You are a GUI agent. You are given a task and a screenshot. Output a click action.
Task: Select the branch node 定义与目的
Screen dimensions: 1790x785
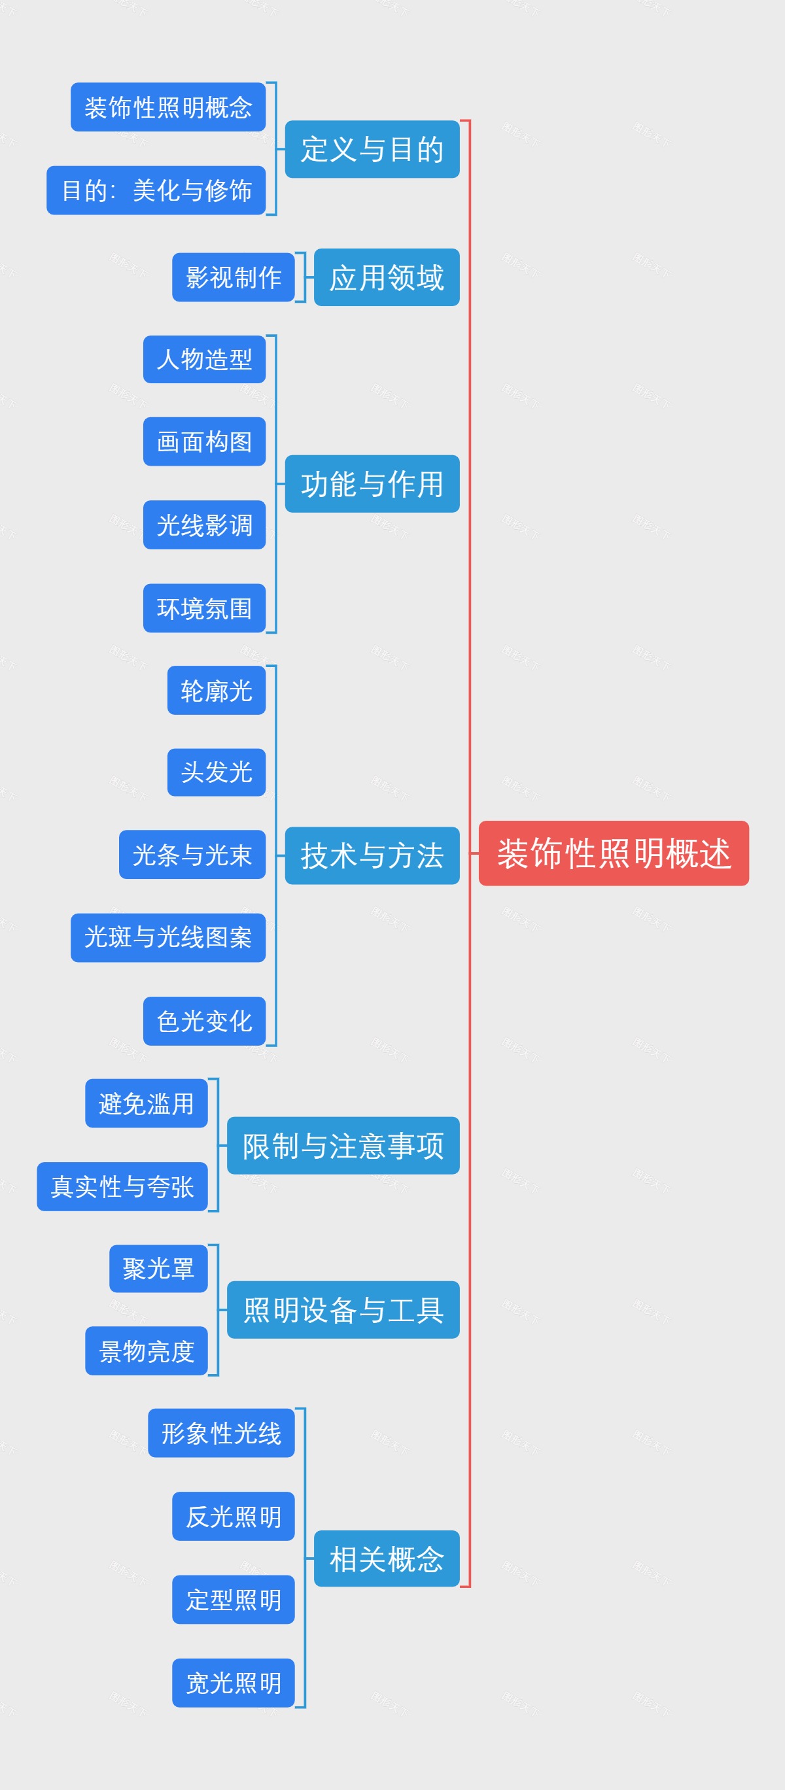372,149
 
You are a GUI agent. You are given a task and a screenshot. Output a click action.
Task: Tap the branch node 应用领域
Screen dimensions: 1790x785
387,277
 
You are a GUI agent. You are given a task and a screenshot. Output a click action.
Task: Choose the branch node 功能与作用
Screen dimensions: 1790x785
372,484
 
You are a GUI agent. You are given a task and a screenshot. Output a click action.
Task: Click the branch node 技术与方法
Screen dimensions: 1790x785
372,855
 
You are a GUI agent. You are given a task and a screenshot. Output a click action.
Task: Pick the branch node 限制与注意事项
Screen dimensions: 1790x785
343,1145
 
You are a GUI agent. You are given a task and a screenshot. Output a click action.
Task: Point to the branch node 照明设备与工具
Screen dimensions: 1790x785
343,1309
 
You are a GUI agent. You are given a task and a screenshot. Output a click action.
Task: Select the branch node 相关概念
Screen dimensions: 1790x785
387,1558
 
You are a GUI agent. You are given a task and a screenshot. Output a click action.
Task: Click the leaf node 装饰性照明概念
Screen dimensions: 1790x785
168,107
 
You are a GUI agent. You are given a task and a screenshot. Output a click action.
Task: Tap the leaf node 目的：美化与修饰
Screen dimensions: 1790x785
156,190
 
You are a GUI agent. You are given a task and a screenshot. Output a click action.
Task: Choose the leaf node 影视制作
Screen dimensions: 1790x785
234,277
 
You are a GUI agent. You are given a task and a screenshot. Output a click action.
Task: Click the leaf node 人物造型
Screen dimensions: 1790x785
204,359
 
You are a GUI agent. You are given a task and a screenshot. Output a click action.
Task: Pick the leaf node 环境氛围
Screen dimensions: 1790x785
204,608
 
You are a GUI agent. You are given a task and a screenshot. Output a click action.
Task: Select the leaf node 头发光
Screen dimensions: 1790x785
217,772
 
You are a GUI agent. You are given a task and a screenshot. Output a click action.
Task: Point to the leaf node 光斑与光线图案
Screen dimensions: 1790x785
168,937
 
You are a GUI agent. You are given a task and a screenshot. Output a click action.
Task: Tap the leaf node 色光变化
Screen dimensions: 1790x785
204,1021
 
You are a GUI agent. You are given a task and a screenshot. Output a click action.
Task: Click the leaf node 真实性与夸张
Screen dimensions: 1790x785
122,1186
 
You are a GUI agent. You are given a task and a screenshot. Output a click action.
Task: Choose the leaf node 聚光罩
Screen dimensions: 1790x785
158,1268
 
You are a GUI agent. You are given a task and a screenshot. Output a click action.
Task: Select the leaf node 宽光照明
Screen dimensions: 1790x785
234,1682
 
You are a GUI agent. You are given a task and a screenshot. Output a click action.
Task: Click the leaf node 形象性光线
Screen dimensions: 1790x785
221,1433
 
